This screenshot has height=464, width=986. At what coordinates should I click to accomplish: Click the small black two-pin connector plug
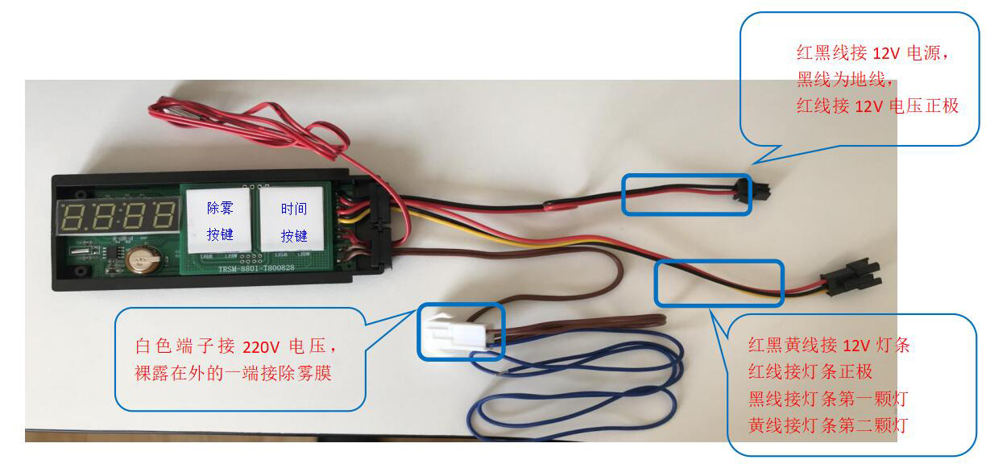coord(758,193)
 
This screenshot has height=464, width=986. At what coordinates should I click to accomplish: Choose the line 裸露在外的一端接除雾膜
coord(234,375)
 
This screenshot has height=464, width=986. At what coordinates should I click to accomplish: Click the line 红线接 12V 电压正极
coord(877,106)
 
